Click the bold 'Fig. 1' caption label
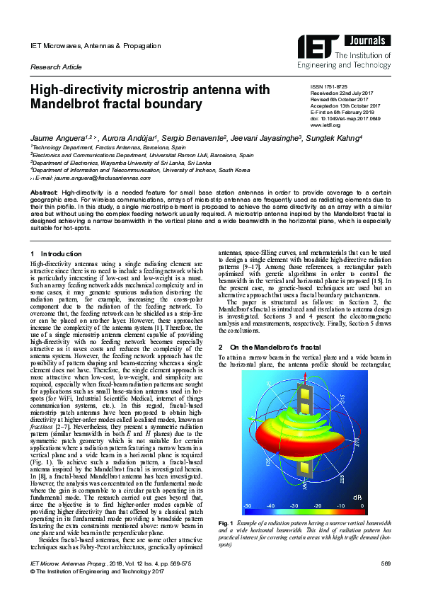pyautogui.click(x=225, y=522)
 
